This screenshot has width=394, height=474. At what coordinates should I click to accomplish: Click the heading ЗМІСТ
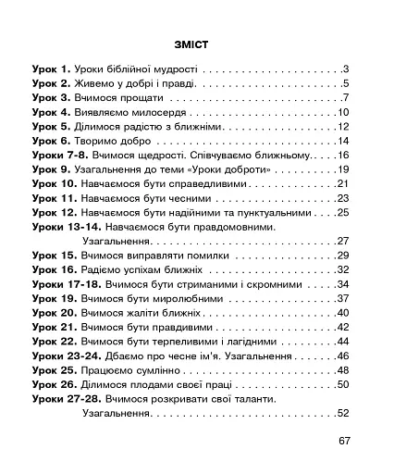pyautogui.click(x=196, y=44)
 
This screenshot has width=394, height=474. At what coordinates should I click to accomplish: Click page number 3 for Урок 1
pyautogui.click(x=344, y=69)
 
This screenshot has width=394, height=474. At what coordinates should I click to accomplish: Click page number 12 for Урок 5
pyautogui.click(x=341, y=126)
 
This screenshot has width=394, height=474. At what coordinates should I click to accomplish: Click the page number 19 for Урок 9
pyautogui.click(x=341, y=169)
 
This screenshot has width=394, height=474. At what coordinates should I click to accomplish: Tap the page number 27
pyautogui.click(x=341, y=241)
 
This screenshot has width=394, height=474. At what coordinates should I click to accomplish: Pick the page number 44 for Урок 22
pyautogui.click(x=341, y=342)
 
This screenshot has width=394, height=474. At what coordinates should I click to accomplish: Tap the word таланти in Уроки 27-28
pyautogui.click(x=254, y=399)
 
